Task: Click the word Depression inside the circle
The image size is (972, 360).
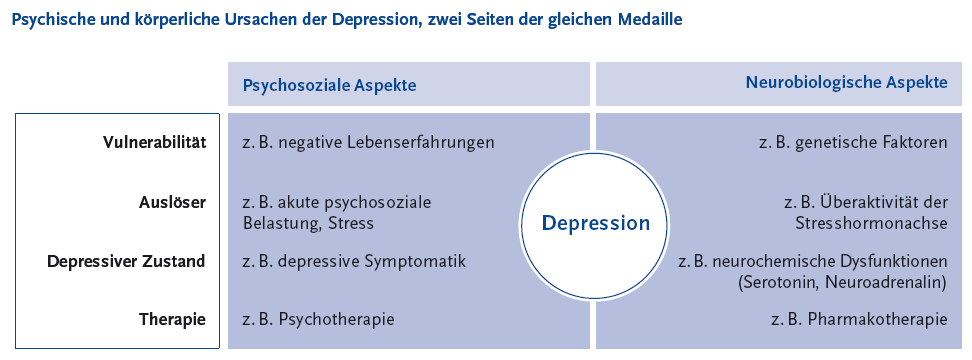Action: (x=596, y=223)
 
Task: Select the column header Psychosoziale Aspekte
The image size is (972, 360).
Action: (x=329, y=86)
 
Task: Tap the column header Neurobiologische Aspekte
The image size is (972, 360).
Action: (x=847, y=82)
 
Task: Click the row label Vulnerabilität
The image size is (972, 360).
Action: (x=154, y=142)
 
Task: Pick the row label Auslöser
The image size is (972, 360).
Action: (x=172, y=202)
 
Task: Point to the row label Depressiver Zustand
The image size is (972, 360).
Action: (x=126, y=261)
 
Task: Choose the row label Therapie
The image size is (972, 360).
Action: (x=172, y=320)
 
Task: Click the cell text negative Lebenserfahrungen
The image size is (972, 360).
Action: (x=387, y=143)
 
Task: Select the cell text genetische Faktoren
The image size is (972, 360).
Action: (x=874, y=143)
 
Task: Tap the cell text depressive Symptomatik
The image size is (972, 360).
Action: (x=372, y=261)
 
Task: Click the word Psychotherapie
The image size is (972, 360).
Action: (x=337, y=320)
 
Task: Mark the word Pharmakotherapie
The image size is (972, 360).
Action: (x=878, y=320)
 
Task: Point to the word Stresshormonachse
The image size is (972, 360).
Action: (x=872, y=223)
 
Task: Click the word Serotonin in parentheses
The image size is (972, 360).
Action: (x=775, y=282)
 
